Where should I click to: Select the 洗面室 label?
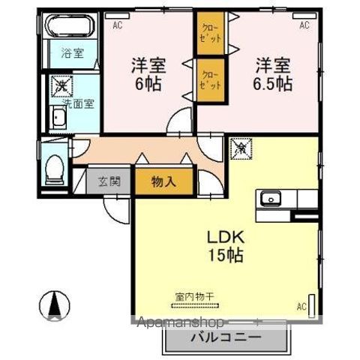(x=78, y=103)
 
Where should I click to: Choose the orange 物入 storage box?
(x=164, y=181)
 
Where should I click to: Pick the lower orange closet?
(x=210, y=79)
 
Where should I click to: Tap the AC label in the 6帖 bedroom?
(x=118, y=25)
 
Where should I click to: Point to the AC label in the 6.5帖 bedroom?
(x=304, y=25)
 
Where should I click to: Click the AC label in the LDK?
(x=301, y=305)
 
